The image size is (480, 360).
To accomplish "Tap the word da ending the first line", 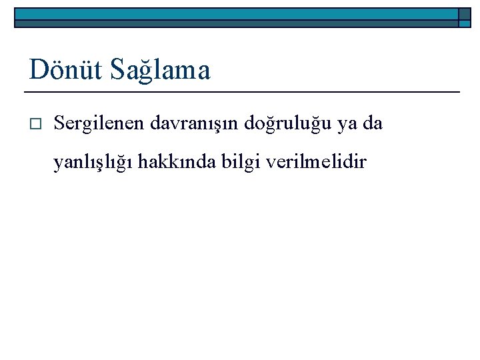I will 373,124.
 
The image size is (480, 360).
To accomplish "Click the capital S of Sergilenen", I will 59,123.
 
